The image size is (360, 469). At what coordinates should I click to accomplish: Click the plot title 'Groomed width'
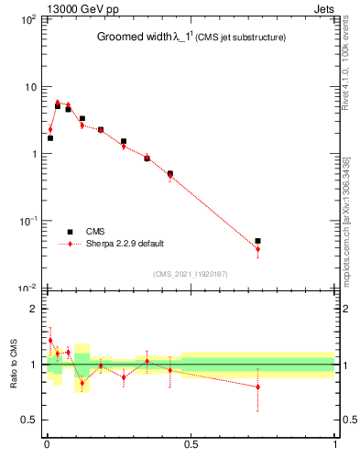pyautogui.click(x=135, y=38)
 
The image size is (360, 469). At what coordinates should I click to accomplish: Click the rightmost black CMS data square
pyautogui.click(x=257, y=241)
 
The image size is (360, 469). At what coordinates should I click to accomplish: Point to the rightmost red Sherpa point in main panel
pyautogui.click(x=257, y=249)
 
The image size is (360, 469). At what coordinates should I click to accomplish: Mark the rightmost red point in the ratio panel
pyautogui.click(x=257, y=387)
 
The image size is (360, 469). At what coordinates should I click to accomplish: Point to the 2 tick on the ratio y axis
pyautogui.click(x=34, y=309)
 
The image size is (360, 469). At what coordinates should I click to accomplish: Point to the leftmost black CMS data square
pyautogui.click(x=49, y=138)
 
